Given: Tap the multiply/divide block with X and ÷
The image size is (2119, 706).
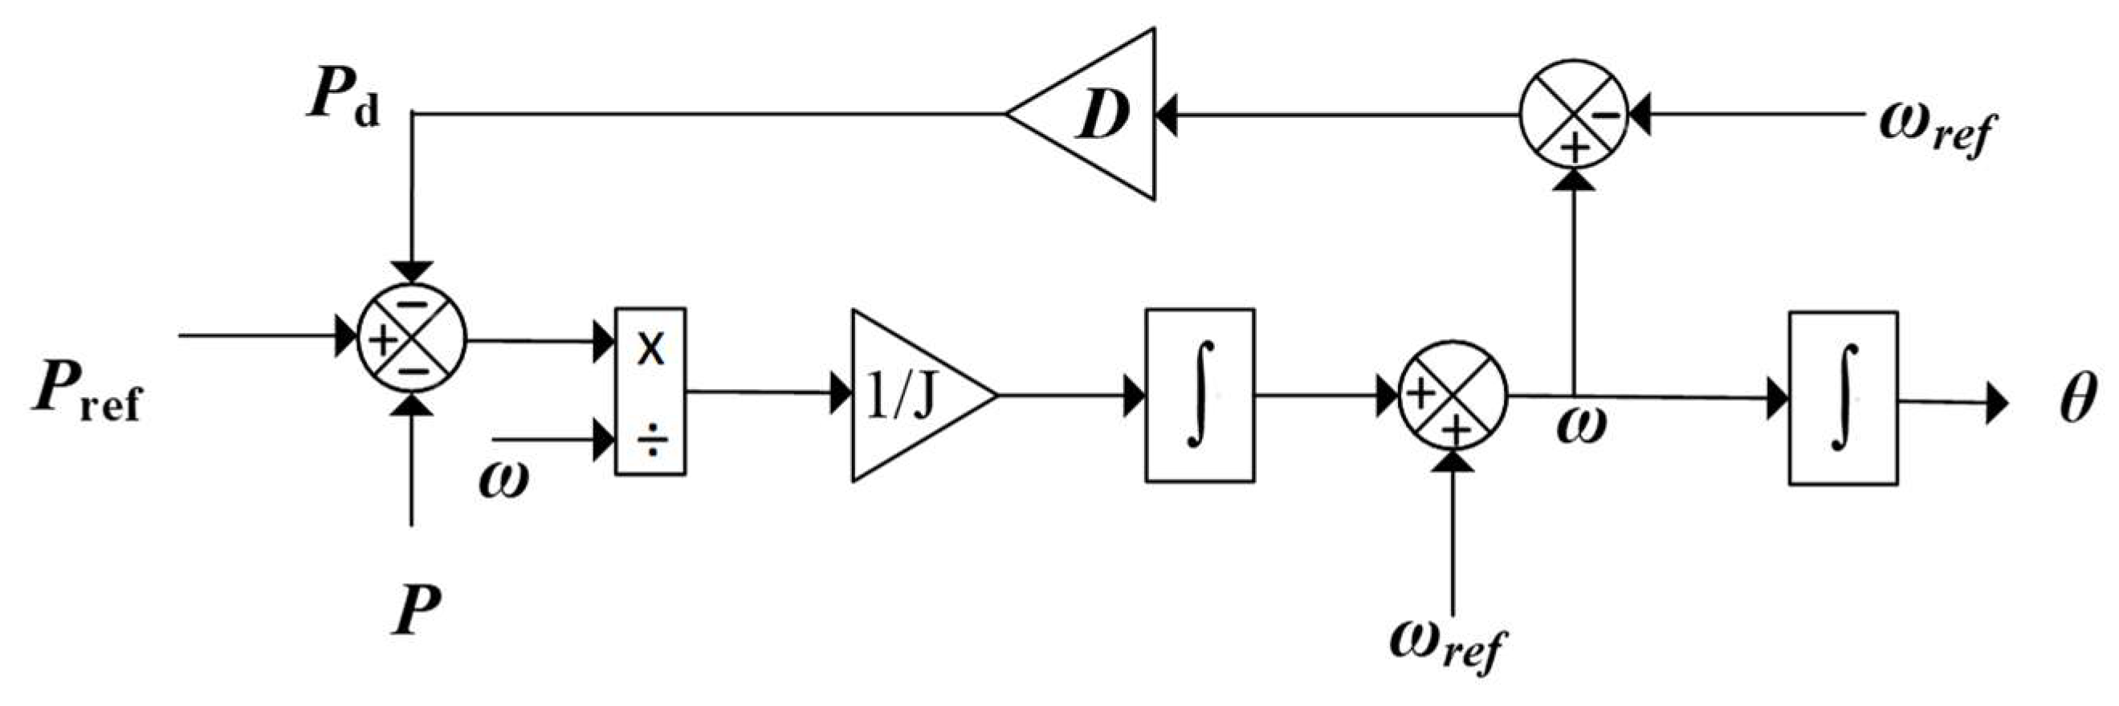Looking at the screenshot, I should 650,392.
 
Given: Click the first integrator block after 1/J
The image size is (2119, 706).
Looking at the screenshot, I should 1200,396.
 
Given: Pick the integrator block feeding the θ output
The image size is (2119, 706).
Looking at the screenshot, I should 1844,398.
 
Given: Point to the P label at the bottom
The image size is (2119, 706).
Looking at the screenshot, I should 416,611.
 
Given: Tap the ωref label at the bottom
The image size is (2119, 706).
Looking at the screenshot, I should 1447,645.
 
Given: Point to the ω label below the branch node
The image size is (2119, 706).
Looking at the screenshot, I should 1580,425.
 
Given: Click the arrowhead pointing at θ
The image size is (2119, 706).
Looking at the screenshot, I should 1997,403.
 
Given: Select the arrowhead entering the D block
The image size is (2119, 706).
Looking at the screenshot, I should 1167,115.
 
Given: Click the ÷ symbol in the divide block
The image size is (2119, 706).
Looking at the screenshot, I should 652,441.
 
